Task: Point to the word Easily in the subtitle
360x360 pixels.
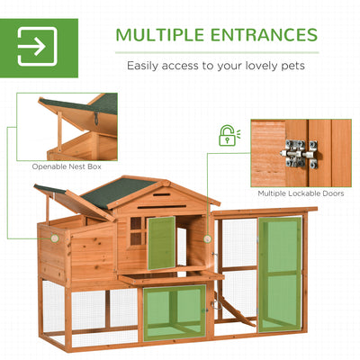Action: click(148, 66)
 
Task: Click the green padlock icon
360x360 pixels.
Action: click(228, 137)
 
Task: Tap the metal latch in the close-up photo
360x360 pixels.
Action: click(299, 153)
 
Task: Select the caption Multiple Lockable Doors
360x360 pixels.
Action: click(300, 193)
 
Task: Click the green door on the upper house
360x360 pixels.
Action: click(161, 242)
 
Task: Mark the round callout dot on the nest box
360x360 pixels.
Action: click(54, 238)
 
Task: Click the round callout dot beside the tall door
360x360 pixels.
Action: click(209, 239)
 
